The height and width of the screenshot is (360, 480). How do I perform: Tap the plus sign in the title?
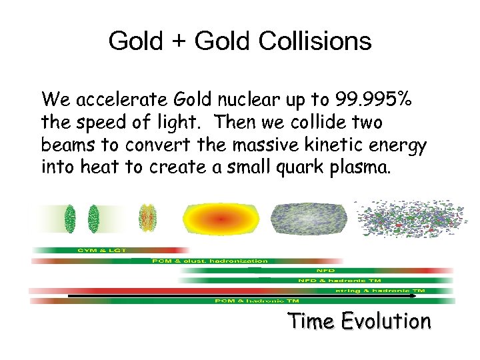[x=178, y=42]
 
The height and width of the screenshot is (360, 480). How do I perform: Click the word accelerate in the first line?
[x=115, y=100]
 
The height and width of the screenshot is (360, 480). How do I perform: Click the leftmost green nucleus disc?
[x=69, y=217]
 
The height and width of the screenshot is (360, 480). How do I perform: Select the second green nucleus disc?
[x=93, y=217]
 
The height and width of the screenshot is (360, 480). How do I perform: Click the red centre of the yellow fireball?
[x=219, y=218]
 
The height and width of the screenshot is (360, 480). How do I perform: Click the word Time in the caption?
[x=312, y=321]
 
